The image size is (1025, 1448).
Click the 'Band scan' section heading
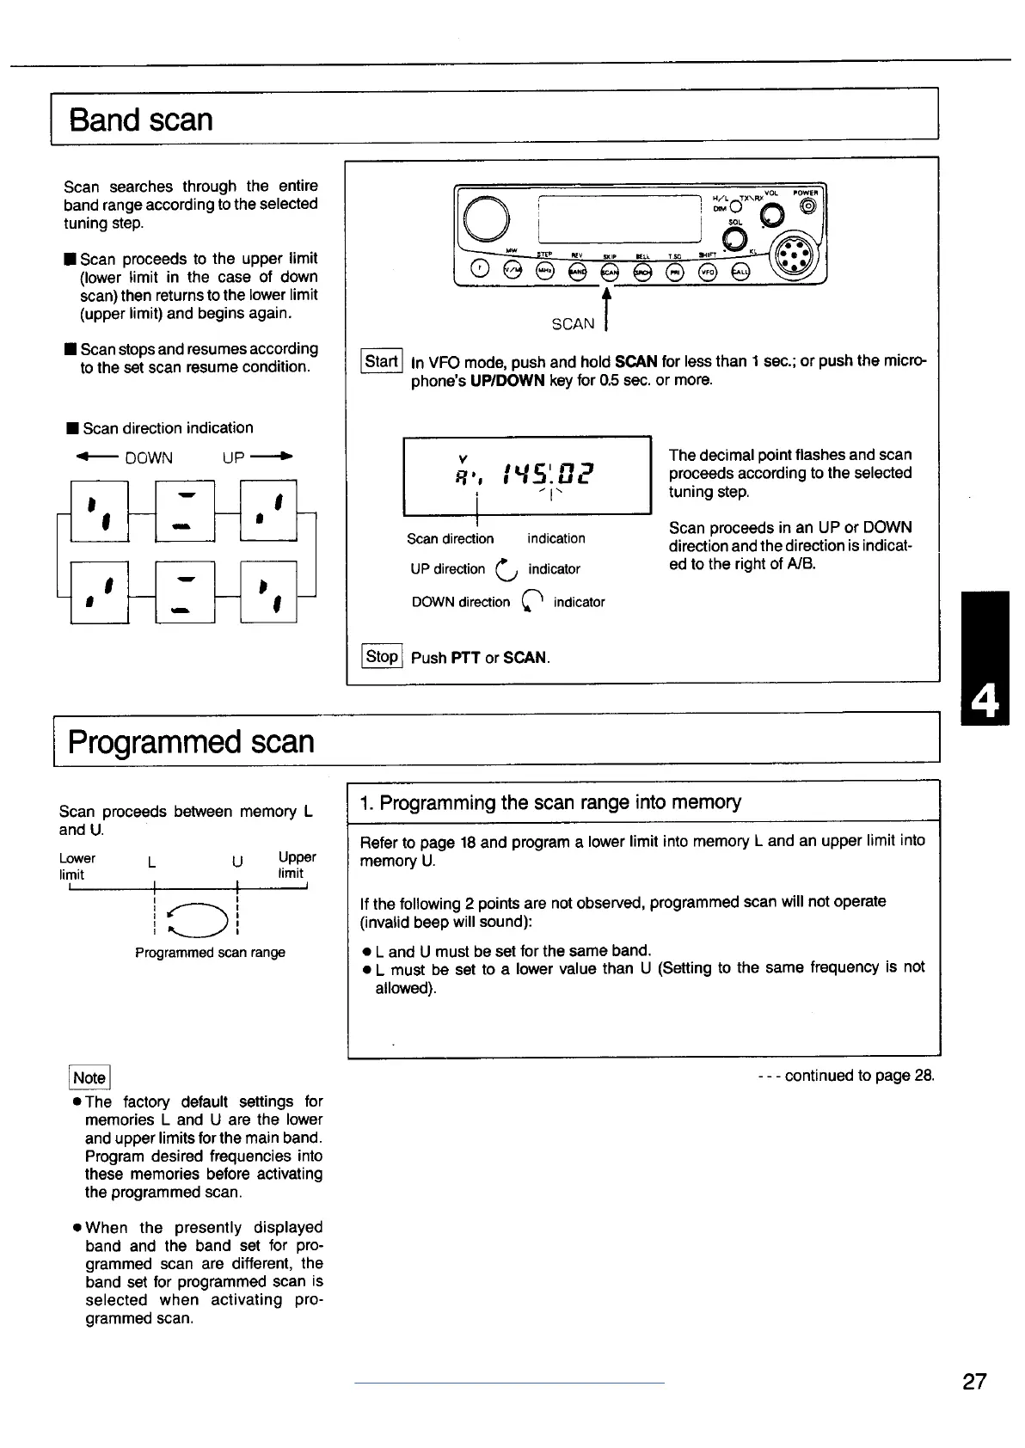coord(141,120)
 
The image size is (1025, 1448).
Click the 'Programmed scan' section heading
coord(191,741)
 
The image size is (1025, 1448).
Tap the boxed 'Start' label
coord(381,361)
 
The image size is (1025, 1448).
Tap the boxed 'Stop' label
coord(382,657)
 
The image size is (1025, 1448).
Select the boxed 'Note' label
coord(89,1077)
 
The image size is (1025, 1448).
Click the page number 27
coord(974,1381)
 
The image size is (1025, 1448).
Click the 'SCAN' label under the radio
coord(573,324)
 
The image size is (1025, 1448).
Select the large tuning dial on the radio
coord(486,217)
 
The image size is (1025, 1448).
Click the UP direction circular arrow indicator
coord(506,568)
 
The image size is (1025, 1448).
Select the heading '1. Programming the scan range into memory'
coord(550,803)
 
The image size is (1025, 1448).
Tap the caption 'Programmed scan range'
coord(210,953)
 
